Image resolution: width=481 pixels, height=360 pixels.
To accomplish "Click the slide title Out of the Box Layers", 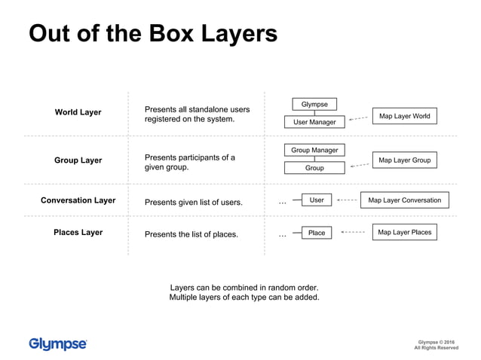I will [x=153, y=34].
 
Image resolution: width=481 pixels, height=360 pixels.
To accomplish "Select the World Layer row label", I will [x=78, y=112].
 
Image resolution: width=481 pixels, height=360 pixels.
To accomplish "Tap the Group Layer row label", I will [x=78, y=160].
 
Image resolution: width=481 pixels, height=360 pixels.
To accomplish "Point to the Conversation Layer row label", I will [x=78, y=201].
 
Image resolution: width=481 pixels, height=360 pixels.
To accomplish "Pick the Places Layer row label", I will [x=78, y=233].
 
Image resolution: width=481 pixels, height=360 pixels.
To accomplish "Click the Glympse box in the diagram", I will [x=314, y=104].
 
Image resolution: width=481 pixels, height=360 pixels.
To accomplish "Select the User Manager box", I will [x=314, y=122].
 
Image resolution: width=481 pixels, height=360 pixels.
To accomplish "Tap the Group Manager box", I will [x=314, y=151].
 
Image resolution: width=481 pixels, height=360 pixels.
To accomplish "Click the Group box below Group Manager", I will [x=314, y=168].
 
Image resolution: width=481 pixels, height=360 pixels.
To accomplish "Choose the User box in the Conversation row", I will [x=317, y=200].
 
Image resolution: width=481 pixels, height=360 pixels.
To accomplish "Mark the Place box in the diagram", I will [x=317, y=233].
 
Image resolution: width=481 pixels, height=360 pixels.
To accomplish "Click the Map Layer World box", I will [x=404, y=117].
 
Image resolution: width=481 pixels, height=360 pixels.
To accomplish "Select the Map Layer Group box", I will [x=404, y=160].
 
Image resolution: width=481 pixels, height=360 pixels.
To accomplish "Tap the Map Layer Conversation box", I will [x=404, y=200].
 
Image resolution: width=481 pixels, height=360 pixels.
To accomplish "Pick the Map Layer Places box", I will [x=404, y=233].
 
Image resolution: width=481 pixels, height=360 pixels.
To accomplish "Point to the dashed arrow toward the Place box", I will [x=352, y=233].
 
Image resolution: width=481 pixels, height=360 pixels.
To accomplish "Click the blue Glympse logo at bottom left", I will [x=58, y=344].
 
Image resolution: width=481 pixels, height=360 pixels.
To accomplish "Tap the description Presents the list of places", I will [x=191, y=234].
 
